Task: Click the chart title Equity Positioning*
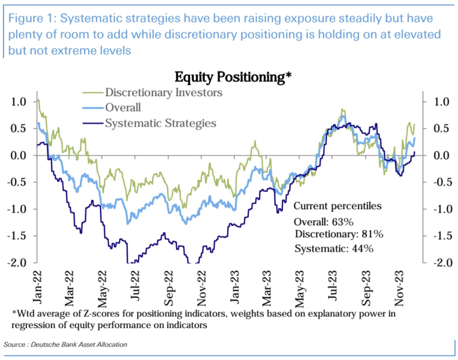(233, 77)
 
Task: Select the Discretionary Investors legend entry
(164, 93)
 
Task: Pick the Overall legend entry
(123, 108)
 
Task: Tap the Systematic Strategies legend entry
(160, 123)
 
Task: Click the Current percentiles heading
(337, 206)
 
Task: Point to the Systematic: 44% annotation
(334, 249)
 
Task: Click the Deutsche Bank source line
(65, 344)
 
